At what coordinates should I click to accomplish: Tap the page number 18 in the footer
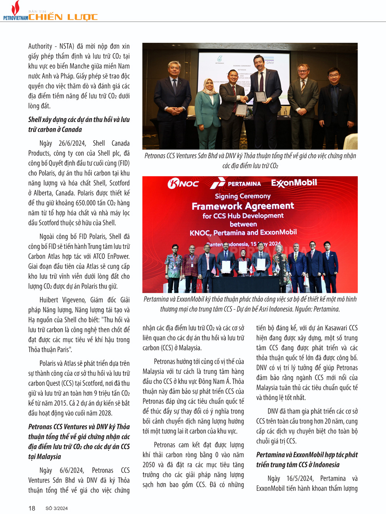pos(32,508)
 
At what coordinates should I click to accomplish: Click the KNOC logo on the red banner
pos(183,184)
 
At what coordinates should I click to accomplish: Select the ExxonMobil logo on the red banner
pos(294,183)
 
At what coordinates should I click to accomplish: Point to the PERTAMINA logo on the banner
pos(236,184)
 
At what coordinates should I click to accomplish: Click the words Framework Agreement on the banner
pos(243,206)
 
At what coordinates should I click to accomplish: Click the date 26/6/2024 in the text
pos(72,143)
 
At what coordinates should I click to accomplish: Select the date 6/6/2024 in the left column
pos(71,470)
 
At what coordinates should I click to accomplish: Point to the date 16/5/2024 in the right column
pos(300,479)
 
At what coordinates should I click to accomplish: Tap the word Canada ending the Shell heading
pos(72,129)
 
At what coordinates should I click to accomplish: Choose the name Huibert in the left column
pos(49,300)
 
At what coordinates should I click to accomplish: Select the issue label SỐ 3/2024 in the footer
pos(56,509)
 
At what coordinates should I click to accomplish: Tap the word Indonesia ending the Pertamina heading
pos(326,465)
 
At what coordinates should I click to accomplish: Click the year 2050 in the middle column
pos(149,465)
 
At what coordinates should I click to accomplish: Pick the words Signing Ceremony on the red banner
pos(243,196)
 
